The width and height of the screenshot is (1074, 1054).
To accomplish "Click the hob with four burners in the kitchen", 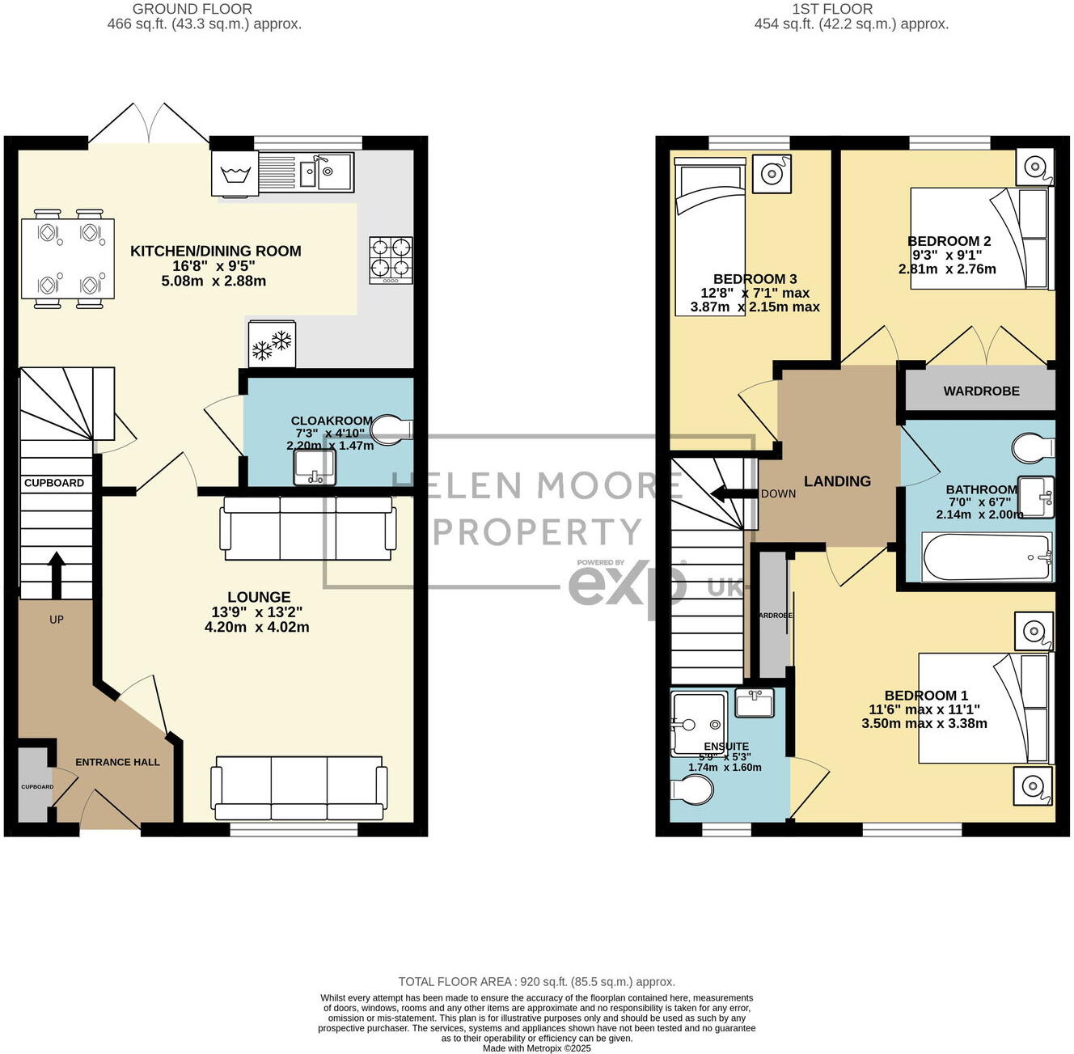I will (x=391, y=259).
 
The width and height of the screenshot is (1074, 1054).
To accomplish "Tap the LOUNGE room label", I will (x=258, y=598).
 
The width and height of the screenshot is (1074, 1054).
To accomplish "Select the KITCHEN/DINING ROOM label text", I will (x=216, y=252).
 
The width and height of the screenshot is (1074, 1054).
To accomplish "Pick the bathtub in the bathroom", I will (x=987, y=557).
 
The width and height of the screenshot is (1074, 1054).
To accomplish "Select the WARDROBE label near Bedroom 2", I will (x=981, y=392).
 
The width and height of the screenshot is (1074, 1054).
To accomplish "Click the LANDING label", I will (x=837, y=481).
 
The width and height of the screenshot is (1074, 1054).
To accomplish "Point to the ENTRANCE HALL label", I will (x=117, y=762).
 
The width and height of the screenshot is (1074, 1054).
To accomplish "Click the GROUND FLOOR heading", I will (x=192, y=9).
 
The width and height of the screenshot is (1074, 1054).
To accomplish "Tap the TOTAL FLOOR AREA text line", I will (x=536, y=982).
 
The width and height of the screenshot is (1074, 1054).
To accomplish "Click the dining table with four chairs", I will (x=68, y=259).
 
